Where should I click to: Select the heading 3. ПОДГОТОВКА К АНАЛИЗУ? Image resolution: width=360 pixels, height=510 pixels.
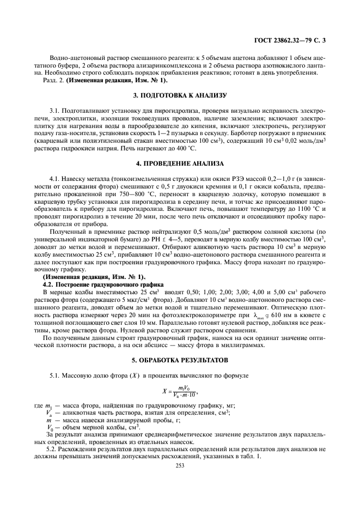(x=180, y=96)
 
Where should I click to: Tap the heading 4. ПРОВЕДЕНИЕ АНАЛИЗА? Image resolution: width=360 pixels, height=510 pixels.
(x=180, y=163)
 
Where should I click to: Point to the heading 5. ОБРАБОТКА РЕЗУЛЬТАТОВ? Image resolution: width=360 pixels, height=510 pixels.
(x=180, y=361)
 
